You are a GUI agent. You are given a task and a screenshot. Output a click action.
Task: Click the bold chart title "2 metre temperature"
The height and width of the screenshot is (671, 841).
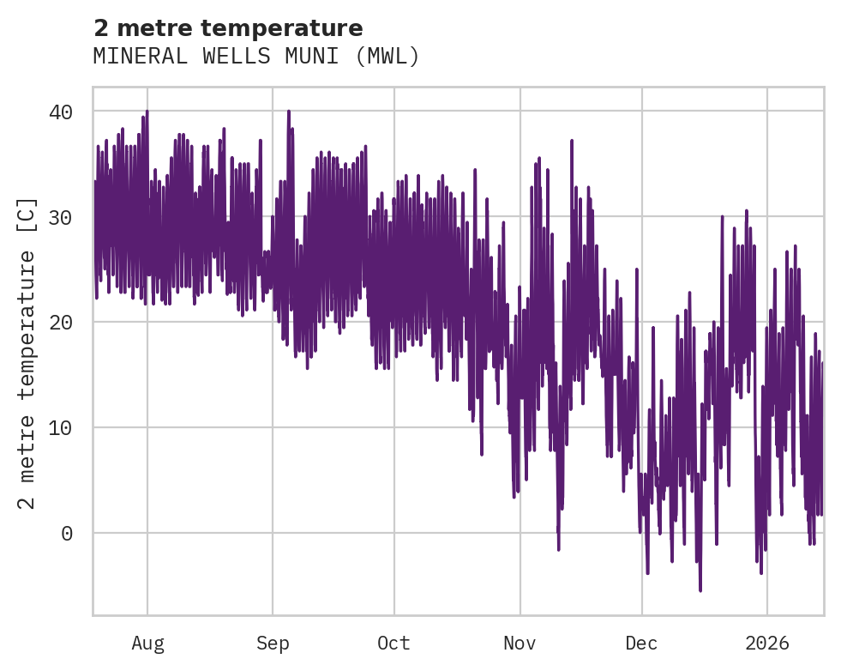(x=228, y=27)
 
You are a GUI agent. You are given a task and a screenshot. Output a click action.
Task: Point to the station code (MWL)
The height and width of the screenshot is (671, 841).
(x=387, y=57)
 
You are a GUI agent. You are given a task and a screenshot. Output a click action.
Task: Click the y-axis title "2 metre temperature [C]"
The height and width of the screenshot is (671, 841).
(x=27, y=353)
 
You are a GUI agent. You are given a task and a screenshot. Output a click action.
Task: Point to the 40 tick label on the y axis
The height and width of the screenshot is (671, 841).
(x=60, y=112)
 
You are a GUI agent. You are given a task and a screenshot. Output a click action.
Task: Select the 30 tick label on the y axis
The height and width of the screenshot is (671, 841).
(x=60, y=217)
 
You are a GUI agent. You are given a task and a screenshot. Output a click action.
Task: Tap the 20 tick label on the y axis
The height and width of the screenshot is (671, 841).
(x=60, y=323)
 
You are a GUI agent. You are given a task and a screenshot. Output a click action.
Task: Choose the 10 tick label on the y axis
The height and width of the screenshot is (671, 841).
(x=60, y=428)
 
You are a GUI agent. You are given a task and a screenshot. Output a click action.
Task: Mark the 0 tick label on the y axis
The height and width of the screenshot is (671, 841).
(x=67, y=534)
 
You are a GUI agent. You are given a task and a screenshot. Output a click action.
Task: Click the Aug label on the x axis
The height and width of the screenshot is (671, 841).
(x=147, y=644)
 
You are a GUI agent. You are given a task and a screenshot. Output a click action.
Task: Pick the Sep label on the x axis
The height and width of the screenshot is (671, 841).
(x=273, y=644)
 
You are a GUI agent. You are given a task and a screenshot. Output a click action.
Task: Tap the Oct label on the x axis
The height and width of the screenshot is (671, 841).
(x=394, y=644)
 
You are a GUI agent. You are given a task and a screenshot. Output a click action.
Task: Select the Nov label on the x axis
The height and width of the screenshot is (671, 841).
(x=520, y=644)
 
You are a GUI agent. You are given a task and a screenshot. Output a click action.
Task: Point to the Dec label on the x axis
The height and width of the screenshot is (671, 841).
(x=641, y=644)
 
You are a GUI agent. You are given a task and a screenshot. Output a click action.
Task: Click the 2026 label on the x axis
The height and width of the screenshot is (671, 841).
(x=766, y=644)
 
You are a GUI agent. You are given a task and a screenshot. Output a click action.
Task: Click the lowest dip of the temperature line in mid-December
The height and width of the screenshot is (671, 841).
(x=700, y=589)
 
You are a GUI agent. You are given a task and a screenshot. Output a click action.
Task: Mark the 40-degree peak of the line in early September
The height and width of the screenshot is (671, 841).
(x=289, y=112)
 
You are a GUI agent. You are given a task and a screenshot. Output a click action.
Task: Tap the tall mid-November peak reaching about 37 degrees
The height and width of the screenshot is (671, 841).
(x=572, y=141)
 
